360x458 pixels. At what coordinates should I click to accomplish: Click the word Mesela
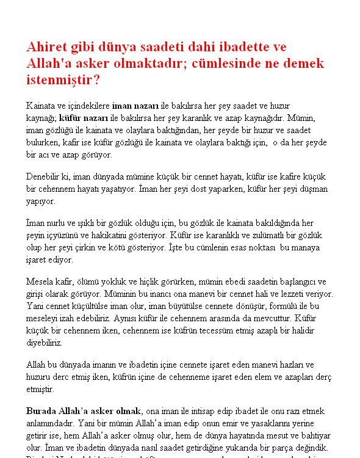[39, 282]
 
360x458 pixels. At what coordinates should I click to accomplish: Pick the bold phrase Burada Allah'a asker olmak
[84, 410]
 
